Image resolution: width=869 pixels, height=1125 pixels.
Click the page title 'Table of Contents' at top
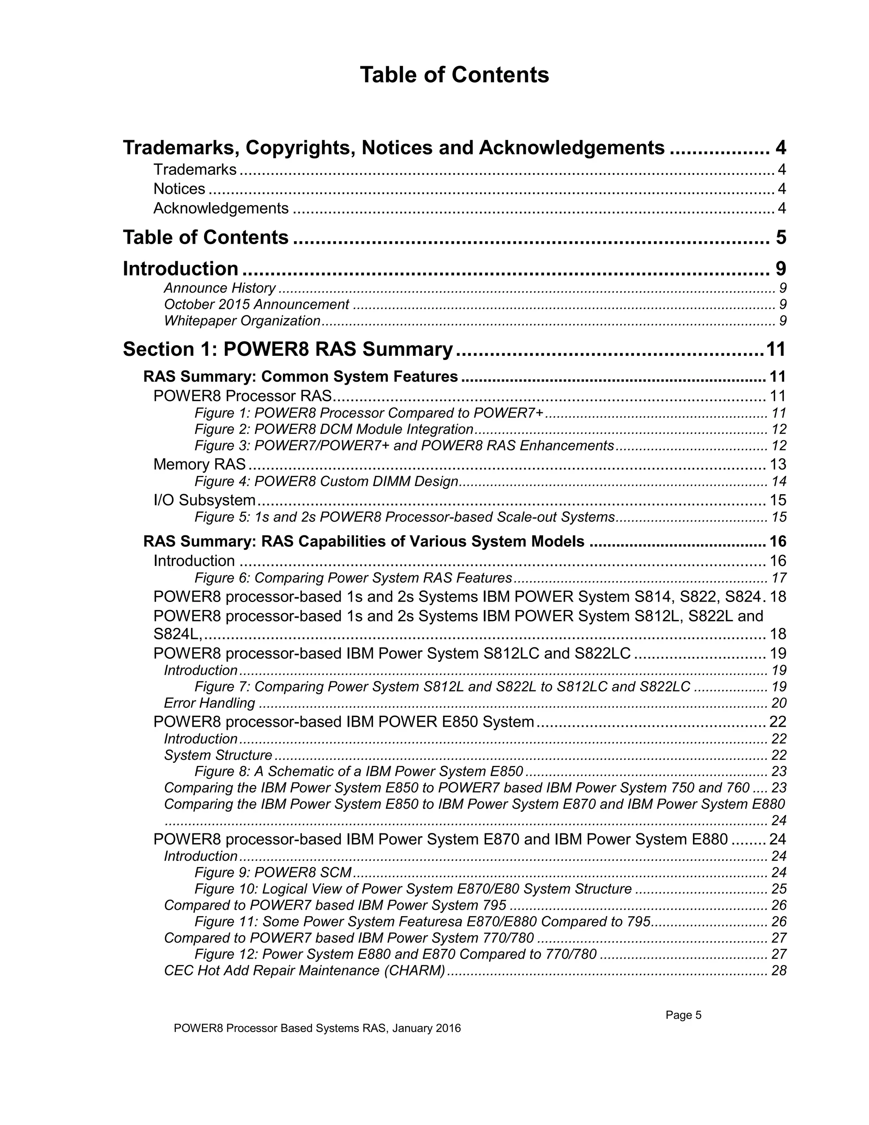coord(454,75)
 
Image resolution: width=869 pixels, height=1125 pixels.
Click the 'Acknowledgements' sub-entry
coord(221,208)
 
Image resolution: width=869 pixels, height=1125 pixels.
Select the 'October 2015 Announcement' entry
coord(256,304)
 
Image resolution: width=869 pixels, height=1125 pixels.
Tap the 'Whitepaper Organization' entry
coord(242,321)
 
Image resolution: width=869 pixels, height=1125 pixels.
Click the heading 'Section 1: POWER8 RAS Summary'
coord(288,349)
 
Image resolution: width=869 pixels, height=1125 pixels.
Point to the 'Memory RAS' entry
coord(199,464)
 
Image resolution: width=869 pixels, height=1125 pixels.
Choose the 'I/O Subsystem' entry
coord(205,500)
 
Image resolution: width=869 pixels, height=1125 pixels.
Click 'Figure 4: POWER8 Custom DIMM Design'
coord(326,482)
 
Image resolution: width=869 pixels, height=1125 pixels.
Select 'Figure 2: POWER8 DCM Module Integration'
coord(334,430)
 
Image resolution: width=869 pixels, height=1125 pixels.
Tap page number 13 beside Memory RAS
coord(777,464)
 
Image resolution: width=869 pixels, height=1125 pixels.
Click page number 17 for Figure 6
coord(778,578)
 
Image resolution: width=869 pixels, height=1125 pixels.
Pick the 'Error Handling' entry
coord(209,703)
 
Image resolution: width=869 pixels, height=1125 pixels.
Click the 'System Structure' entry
coord(218,755)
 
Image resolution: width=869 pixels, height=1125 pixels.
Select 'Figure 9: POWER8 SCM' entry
coord(273,872)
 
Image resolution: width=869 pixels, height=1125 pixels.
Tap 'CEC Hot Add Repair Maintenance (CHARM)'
coord(304,971)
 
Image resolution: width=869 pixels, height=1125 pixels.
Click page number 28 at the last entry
coord(778,971)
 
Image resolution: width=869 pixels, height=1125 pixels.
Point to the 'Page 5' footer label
coord(683,1015)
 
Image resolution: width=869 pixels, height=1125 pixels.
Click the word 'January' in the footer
coord(413,1029)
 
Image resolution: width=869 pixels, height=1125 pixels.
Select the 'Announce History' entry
coord(219,288)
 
